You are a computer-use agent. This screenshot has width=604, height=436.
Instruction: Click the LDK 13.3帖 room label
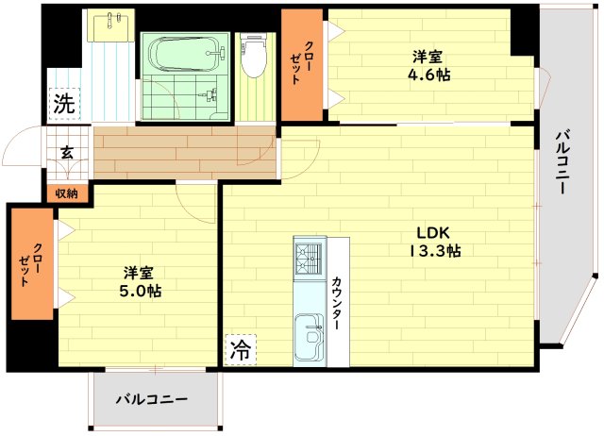434,242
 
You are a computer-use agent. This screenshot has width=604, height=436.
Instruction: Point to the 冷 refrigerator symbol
240,351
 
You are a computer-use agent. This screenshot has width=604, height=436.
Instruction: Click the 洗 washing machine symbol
63,105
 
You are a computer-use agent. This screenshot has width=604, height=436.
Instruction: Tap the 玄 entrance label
68,152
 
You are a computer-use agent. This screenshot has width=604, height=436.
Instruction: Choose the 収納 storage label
66,193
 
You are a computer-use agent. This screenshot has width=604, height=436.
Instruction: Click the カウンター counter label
336,302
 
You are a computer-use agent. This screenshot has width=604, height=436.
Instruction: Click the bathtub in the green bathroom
185,52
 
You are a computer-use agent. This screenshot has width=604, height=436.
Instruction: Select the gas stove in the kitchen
308,259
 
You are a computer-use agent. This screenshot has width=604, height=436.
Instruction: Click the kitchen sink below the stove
308,336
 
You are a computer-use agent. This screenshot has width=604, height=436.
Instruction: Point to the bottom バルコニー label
152,399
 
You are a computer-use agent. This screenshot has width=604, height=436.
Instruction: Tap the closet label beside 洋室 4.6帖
302,64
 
